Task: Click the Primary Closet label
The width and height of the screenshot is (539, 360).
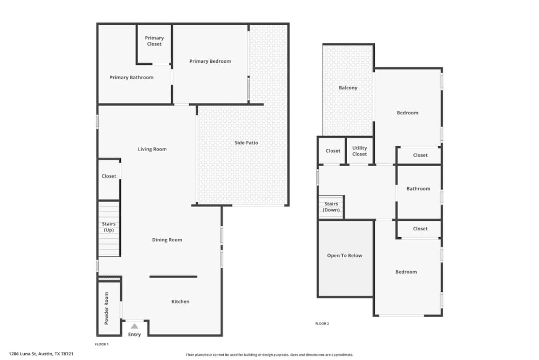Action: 154,41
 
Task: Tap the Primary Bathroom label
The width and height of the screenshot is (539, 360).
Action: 131,77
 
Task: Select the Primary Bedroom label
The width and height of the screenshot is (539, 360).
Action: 210,61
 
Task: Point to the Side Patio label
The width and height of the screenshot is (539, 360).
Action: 246,142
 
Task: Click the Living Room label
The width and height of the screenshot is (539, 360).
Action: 152,149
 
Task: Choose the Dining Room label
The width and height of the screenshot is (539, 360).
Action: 167,240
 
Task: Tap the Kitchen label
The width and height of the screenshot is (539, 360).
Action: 180,302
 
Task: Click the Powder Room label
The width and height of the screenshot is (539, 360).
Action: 106,308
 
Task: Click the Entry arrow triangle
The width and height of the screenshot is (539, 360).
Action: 134,326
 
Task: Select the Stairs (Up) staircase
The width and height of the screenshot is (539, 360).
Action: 109,229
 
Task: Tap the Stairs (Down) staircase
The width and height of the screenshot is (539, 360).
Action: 331,207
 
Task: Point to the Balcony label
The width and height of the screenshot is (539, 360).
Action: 348,88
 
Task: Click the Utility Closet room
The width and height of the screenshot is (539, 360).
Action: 359,151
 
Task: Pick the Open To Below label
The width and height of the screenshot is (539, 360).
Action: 345,255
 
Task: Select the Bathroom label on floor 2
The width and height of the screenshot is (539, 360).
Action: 418,189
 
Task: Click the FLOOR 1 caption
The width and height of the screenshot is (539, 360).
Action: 102,344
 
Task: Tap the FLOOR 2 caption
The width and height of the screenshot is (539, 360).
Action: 322,324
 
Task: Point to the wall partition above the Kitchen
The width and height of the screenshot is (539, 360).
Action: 173,277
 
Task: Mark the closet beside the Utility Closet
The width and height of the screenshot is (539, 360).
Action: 333,151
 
